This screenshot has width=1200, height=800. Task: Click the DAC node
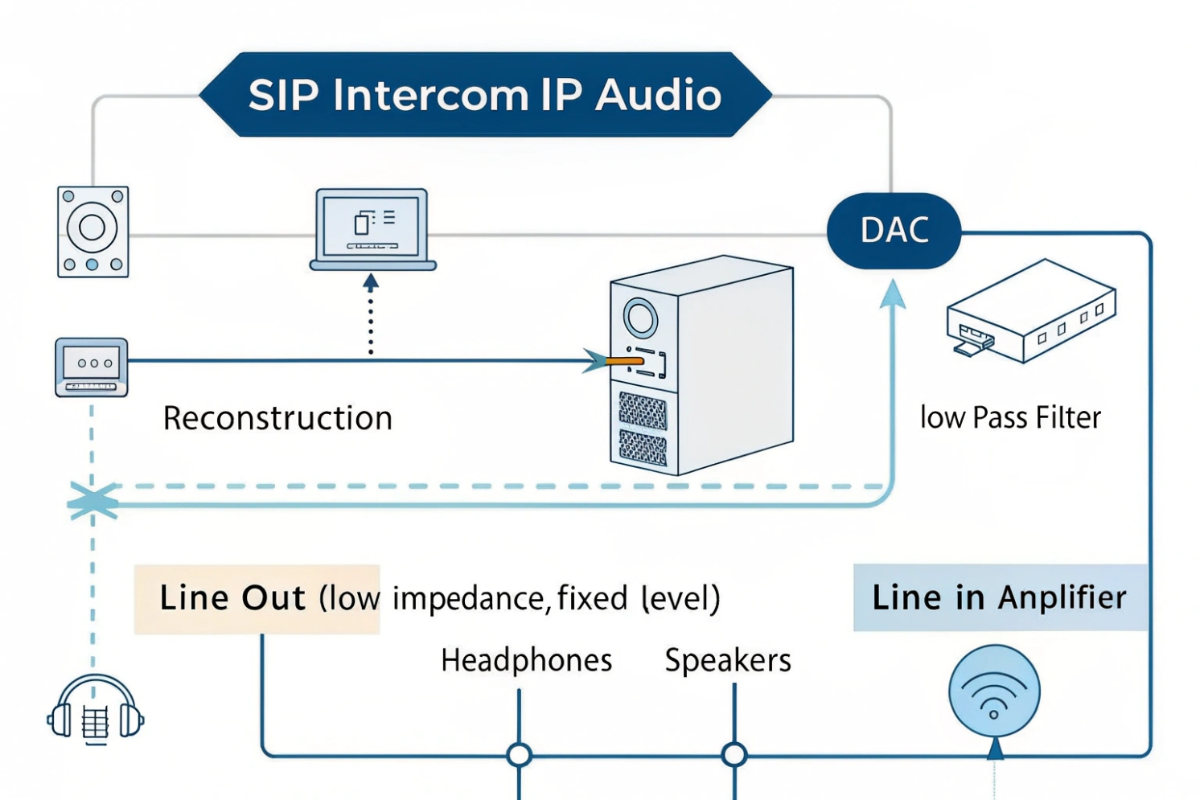pos(894,231)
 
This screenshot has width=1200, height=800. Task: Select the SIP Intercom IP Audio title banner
pos(485,95)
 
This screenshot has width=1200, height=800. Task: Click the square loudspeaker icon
pos(92,232)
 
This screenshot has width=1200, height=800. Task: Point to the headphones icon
pos(95,710)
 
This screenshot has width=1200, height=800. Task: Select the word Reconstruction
pos(277,418)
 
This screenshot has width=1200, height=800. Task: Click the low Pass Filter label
pos(1010,418)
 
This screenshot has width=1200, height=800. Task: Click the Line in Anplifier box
pos(1000,597)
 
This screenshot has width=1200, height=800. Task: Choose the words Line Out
pos(232,598)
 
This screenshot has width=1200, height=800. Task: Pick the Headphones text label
pos(527,660)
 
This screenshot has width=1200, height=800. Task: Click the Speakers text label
pos(728,660)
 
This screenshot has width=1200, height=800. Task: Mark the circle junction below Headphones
pos(520,755)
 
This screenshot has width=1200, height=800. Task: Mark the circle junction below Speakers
pos(734,755)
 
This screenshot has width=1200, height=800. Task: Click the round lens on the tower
pos(640,318)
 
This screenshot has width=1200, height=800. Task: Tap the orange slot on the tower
pos(625,361)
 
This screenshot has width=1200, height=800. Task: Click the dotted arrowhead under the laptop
pos(371,282)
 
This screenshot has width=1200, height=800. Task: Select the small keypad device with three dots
pos(92,367)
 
